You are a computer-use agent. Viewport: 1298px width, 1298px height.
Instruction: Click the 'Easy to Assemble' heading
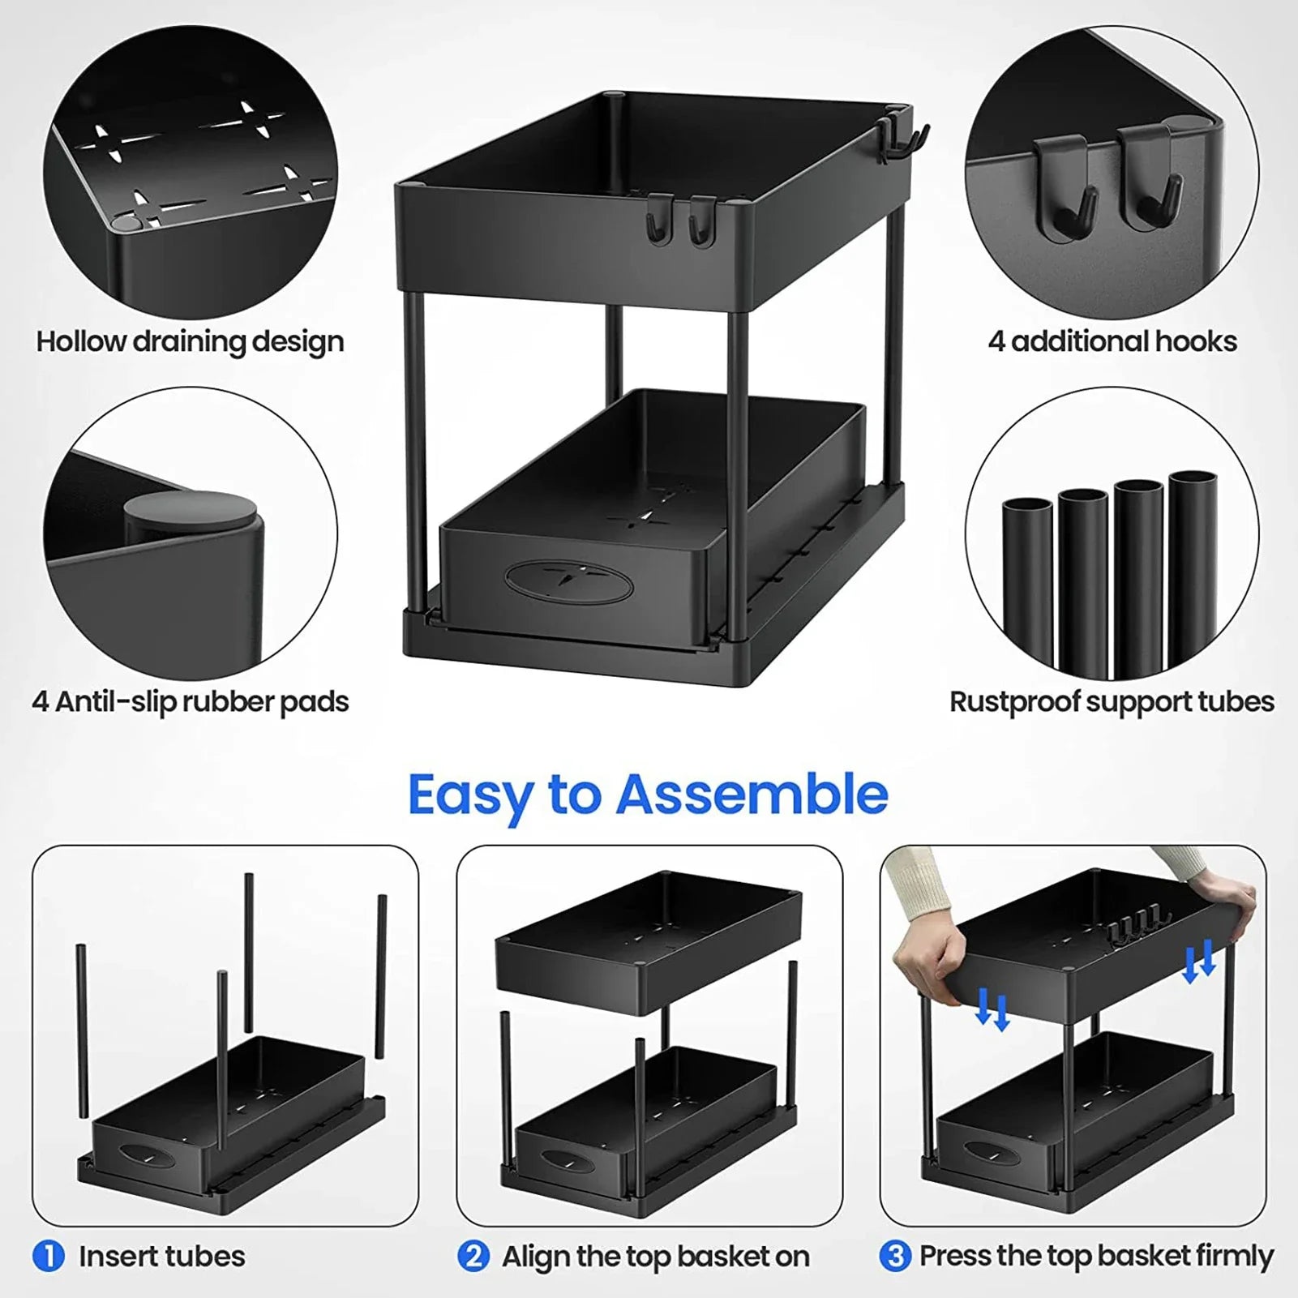647,795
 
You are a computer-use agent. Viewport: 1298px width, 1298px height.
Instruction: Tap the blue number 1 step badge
49,1257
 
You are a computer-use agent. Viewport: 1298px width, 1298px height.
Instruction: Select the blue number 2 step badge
473,1257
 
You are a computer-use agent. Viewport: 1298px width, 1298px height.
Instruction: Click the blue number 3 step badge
895,1257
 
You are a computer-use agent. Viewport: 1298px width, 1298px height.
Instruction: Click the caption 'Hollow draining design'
190,341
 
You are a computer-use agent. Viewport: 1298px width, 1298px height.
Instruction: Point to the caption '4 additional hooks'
1112,341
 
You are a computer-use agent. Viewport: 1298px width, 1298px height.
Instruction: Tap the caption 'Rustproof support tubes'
1112,701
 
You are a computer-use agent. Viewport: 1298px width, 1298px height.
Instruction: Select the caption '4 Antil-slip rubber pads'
190,701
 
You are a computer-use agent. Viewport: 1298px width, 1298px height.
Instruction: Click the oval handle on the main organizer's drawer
568,580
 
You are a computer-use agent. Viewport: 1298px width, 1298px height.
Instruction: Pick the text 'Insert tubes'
161,1257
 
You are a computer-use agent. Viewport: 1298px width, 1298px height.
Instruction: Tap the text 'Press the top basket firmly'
1096,1257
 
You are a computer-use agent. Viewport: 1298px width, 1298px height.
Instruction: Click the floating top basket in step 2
649,940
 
